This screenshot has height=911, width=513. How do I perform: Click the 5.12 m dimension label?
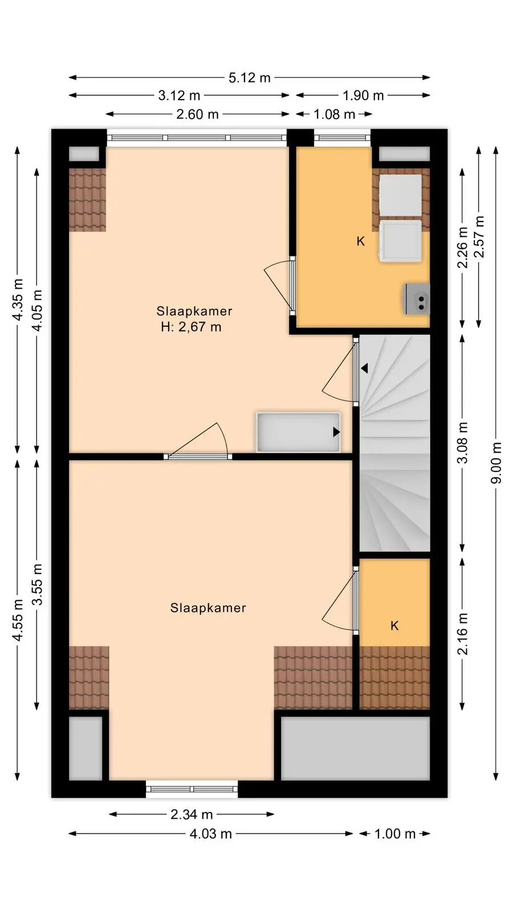click(x=249, y=77)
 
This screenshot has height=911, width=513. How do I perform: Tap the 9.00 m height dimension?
click(x=496, y=463)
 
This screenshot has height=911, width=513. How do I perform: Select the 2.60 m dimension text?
click(x=197, y=114)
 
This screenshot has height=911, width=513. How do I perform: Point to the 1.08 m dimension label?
click(x=334, y=114)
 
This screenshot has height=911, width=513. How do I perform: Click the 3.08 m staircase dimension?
click(x=462, y=443)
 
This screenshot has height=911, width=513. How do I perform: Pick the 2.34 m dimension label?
click(x=192, y=815)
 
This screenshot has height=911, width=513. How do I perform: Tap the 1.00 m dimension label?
click(x=394, y=834)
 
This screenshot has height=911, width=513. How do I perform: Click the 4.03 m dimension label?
click(x=210, y=834)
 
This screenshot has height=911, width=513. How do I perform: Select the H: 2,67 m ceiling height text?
click(x=191, y=327)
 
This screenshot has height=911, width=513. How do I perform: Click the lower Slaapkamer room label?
click(x=208, y=608)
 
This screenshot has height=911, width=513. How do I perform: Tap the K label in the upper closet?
click(x=360, y=241)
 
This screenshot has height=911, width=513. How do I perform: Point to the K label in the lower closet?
click(x=394, y=626)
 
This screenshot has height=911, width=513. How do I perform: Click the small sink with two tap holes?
click(x=417, y=299)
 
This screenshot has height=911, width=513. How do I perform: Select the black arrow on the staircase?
click(x=364, y=368)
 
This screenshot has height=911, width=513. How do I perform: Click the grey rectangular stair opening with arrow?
click(x=298, y=432)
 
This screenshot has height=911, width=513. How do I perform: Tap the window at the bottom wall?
click(x=192, y=789)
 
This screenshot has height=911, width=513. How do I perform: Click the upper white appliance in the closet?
click(x=401, y=196)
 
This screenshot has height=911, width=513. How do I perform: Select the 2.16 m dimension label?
click(x=462, y=634)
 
